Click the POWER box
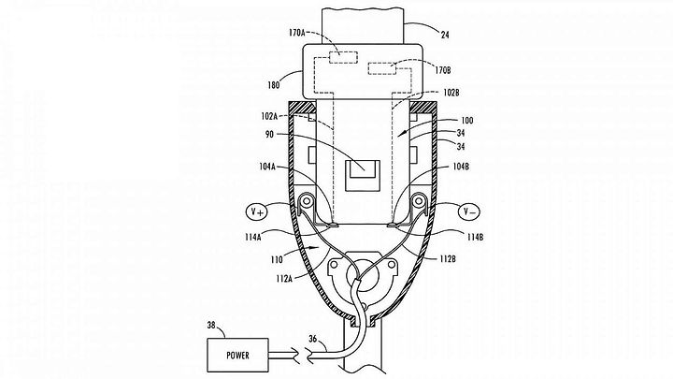pyautogui.click(x=238, y=355)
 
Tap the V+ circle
pyautogui.click(x=256, y=211)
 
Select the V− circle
pyautogui.click(x=469, y=211)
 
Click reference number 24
pyautogui.click(x=445, y=35)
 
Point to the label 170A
pyautogui.click(x=296, y=32)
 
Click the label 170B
pyautogui.click(x=442, y=70)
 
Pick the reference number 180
pyautogui.click(x=273, y=85)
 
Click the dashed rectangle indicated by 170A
pyautogui.click(x=343, y=58)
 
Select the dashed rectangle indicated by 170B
pyautogui.click(x=382, y=68)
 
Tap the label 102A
pyautogui.click(x=269, y=116)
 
